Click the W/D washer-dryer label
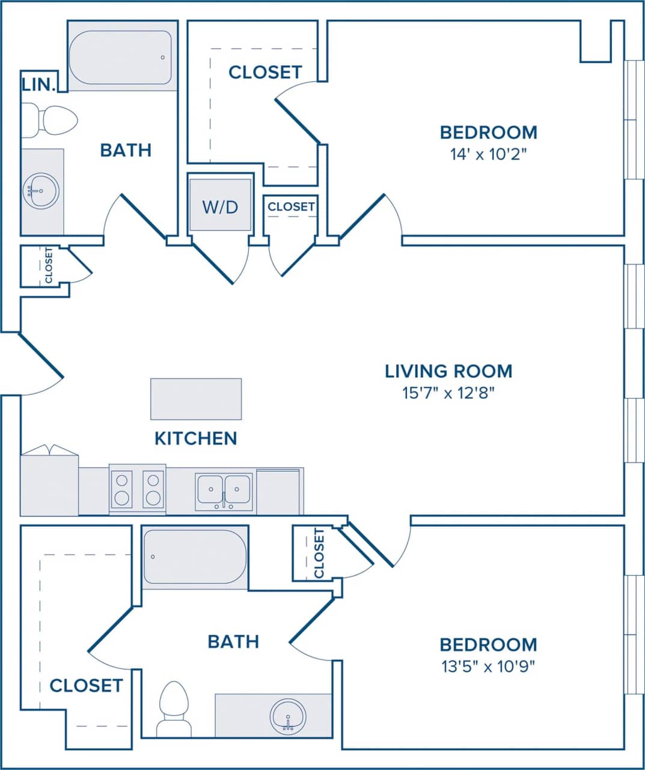pos(220,207)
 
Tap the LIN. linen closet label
pos(39,84)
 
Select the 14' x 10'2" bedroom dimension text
pos(488,154)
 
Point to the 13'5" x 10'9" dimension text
pos(488,666)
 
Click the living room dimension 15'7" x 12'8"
pos(448,393)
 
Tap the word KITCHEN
pos(196,438)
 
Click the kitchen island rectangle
pos(196,399)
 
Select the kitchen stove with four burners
pos(137,489)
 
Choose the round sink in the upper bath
pos(41,191)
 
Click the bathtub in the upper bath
pos(121,57)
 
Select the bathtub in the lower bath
pos(195,556)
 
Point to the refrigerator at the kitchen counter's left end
pos(49,484)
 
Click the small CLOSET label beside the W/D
pos(291,206)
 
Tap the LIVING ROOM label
pos(448,371)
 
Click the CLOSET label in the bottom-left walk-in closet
pos(86,685)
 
